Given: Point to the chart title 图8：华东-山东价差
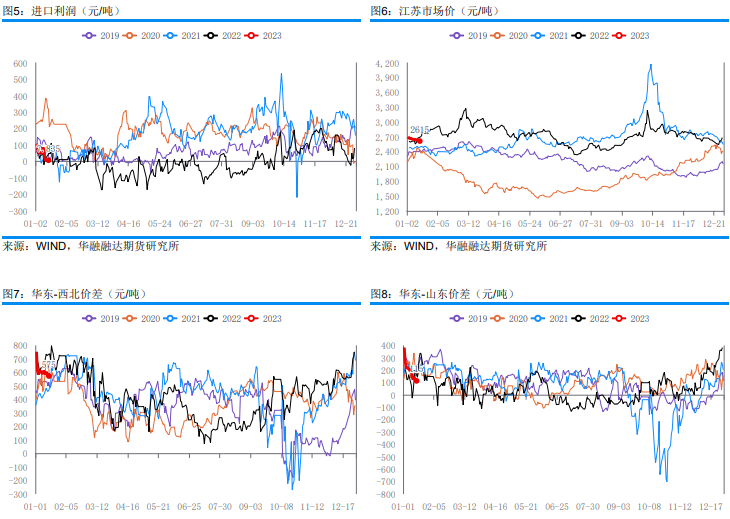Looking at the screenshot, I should [441, 294].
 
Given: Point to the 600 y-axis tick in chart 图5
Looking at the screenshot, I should [20, 64].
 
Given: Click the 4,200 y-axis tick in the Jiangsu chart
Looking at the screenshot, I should [386, 64].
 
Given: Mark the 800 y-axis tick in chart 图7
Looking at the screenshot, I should [20, 346].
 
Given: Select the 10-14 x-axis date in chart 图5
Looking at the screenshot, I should [287, 225].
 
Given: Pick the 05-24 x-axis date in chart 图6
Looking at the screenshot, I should [530, 225].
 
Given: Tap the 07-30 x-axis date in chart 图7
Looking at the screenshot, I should [223, 507].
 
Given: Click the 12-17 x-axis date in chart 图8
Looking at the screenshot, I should [711, 507].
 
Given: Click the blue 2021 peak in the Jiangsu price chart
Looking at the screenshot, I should [651, 66].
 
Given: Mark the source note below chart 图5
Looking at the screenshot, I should [91, 246].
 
